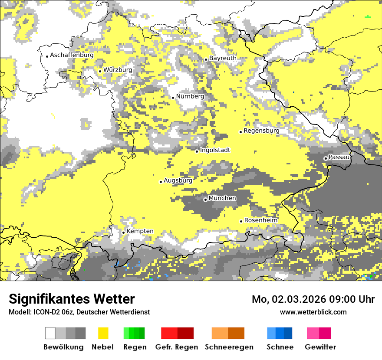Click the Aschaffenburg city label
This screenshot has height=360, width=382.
[x=72, y=55]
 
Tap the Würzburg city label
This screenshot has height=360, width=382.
[x=118, y=70]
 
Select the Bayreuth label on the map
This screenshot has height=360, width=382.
[x=223, y=58]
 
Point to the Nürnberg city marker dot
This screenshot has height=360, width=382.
[x=173, y=98]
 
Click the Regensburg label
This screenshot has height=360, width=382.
[x=261, y=131]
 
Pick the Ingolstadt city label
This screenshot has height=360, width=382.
[x=215, y=150]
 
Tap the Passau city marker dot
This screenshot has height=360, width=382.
[x=326, y=158]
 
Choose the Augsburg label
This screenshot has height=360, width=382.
[x=178, y=180]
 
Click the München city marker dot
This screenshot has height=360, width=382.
[x=205, y=200]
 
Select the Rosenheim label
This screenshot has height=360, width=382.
[x=260, y=220]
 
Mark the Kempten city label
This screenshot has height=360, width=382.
[x=140, y=231]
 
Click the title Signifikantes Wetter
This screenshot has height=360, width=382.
[x=72, y=299]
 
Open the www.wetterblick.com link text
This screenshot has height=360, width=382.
[x=313, y=312]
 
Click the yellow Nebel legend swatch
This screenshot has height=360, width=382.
[x=103, y=333]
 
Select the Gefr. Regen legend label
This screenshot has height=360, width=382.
[x=177, y=347]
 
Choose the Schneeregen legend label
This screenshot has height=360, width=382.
[x=229, y=347]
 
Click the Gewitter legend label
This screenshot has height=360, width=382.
[x=320, y=347]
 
